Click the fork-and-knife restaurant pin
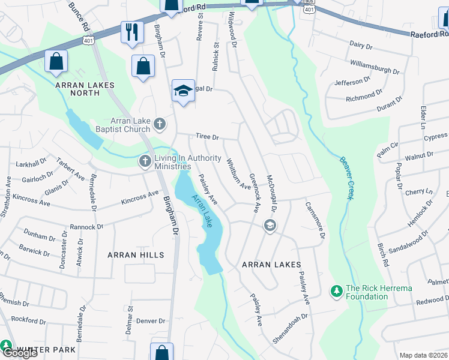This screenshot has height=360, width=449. tap(132, 31)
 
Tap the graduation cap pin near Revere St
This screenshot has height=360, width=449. tap(183, 91)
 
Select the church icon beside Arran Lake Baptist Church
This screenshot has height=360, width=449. tap(159, 124)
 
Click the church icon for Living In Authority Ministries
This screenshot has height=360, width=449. tap(145, 161)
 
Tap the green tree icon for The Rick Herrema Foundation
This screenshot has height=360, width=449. tap(337, 292)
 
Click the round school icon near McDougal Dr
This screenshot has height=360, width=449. tap(270, 225)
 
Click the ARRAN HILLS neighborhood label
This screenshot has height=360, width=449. tap(136, 255)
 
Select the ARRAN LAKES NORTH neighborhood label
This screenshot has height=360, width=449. tap(85, 89)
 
